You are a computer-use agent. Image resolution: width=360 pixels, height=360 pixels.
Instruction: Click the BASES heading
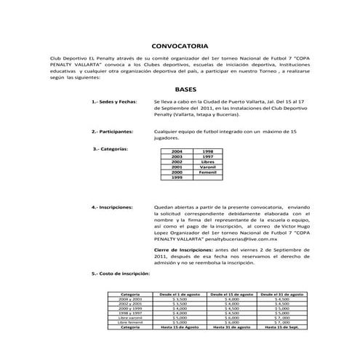click(186, 85)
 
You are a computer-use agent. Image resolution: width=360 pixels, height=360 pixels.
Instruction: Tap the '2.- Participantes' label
click(112, 132)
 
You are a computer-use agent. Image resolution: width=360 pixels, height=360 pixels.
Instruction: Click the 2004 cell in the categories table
click(176, 151)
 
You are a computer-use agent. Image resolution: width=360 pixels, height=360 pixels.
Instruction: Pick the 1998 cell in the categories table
click(208, 151)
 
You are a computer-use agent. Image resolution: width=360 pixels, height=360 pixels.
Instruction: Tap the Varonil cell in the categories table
click(208, 167)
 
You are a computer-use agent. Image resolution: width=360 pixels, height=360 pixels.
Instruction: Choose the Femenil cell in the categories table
click(208, 172)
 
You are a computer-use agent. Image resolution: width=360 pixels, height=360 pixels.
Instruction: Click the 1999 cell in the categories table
click(176, 177)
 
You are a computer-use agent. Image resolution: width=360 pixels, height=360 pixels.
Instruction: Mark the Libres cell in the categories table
click(208, 161)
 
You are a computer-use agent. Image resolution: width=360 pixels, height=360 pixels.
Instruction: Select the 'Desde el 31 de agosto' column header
click(280, 294)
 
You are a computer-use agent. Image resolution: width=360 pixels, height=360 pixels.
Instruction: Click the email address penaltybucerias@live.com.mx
click(231, 239)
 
